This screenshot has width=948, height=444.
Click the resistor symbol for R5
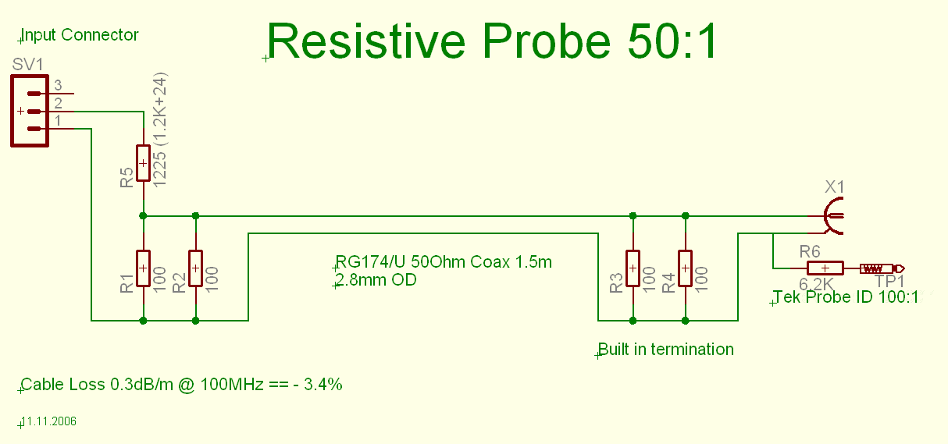(143, 163)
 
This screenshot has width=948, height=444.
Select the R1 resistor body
(143, 268)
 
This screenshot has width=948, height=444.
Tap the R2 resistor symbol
(195, 268)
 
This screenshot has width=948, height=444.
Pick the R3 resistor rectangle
(633, 268)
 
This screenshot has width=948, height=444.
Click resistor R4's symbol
(685, 268)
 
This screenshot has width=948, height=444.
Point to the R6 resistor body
(825, 268)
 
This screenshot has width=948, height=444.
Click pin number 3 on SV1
(58, 85)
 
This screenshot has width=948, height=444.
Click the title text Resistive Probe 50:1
(492, 41)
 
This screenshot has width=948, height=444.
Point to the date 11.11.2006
(49, 421)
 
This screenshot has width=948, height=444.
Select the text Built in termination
(666, 350)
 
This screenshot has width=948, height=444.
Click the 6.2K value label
(816, 284)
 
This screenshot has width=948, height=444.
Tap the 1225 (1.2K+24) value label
(160, 130)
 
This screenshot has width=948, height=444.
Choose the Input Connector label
(80, 35)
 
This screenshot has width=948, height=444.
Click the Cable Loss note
(181, 385)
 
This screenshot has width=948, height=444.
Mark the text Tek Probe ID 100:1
(846, 297)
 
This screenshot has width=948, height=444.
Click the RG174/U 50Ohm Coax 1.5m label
(444, 262)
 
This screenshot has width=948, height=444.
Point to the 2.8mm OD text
(376, 280)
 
